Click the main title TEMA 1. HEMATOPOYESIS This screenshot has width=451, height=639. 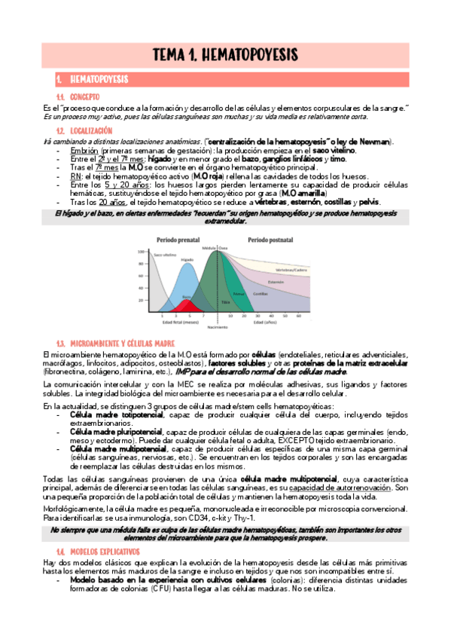pos(225,54)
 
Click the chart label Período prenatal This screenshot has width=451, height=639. pos(178,239)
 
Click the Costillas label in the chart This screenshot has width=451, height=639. pos(260,294)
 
